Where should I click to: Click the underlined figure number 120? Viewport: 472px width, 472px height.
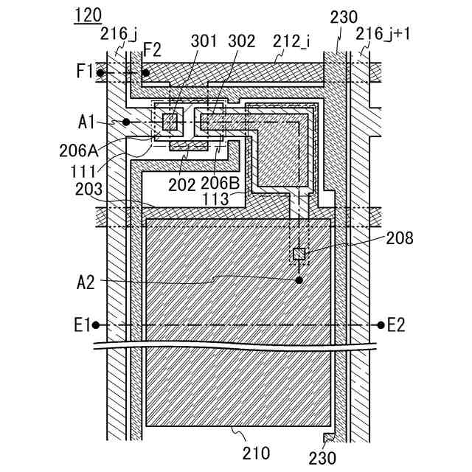pos(88,15)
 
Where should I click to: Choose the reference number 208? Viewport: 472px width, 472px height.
pos(399,237)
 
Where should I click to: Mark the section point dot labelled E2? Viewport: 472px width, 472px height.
pos(381,324)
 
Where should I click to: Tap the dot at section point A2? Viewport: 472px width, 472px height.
pos(299,280)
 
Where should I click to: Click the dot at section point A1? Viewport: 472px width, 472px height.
pos(127,122)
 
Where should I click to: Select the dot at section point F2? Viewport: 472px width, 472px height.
pos(146,73)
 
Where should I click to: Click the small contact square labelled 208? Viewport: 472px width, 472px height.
pos(299,254)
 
